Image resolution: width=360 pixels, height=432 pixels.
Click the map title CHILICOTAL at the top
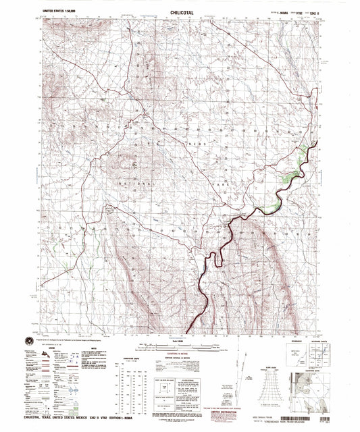179,11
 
